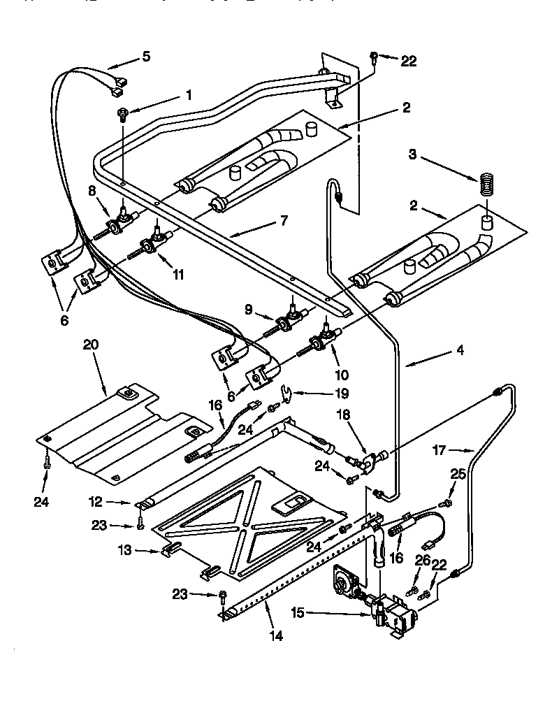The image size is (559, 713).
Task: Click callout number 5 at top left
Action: point(146,57)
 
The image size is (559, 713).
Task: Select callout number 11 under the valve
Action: point(178,275)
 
